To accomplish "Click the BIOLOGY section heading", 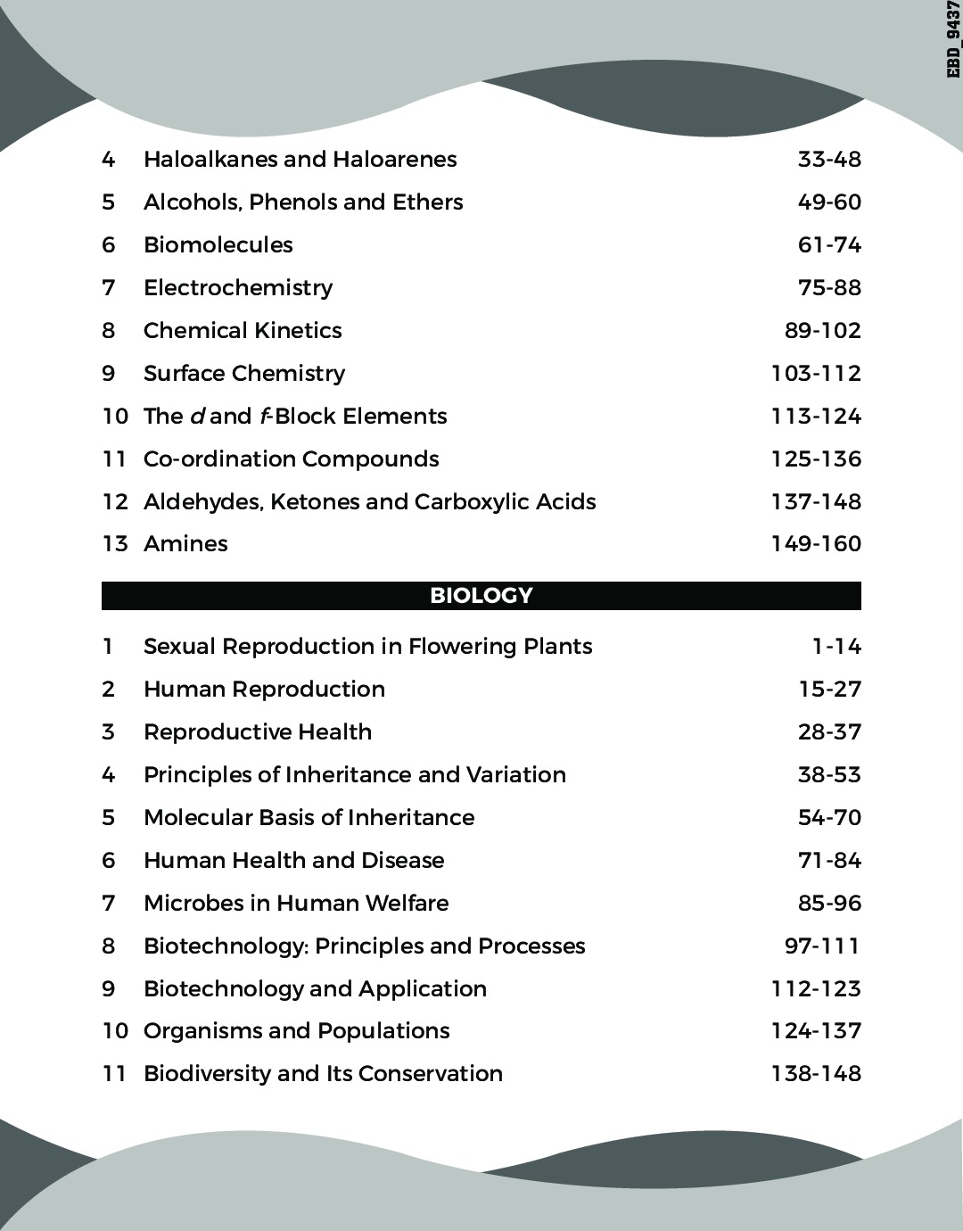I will [x=481, y=596].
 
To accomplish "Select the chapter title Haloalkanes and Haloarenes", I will [x=300, y=160].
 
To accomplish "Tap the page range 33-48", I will [x=829, y=160].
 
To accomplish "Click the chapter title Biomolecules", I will [x=218, y=245].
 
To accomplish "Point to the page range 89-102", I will [x=822, y=331].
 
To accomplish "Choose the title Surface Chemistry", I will [x=243, y=374].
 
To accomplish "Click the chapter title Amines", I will [x=185, y=544].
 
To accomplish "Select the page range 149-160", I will [x=816, y=544].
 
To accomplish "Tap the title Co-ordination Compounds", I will [x=291, y=459].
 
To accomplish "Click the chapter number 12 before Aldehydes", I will [x=115, y=502].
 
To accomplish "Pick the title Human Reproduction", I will [x=264, y=690].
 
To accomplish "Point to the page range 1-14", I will [x=836, y=647].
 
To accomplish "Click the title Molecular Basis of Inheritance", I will [x=309, y=818].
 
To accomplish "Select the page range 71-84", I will [x=829, y=861].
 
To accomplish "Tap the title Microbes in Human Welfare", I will [x=296, y=904].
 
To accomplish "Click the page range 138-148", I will [x=816, y=1074].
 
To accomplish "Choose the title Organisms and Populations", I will [x=296, y=1031].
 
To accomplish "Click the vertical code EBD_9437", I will [x=953, y=40].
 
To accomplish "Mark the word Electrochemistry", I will [x=237, y=288].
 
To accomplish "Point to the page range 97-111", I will [x=822, y=946].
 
